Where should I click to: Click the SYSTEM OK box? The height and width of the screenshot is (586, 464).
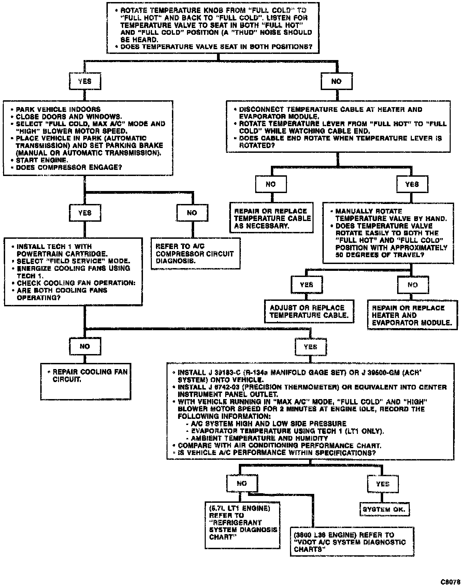385,509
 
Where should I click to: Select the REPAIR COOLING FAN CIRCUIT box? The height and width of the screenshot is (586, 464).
86,381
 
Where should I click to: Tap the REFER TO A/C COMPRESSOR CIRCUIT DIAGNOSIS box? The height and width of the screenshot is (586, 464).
195,253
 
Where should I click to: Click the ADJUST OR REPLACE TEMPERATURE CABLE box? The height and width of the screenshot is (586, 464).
309,311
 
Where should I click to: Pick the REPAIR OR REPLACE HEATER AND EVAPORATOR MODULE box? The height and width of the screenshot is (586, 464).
412,315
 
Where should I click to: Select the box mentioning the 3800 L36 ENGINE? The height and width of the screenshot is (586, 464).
352,542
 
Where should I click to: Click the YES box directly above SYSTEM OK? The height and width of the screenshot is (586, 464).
382,484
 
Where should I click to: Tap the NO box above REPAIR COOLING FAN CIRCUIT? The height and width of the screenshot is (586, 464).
85,347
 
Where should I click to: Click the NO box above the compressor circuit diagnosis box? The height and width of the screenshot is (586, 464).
192,213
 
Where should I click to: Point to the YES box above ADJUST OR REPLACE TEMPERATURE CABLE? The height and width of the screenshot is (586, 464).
307,285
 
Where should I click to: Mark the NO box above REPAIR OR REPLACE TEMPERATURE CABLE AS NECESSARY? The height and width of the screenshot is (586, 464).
271,184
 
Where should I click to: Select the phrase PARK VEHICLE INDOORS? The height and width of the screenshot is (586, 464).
58,109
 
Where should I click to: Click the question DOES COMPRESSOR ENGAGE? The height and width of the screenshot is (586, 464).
69,167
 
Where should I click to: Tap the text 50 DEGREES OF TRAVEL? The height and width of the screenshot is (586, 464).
380,255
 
